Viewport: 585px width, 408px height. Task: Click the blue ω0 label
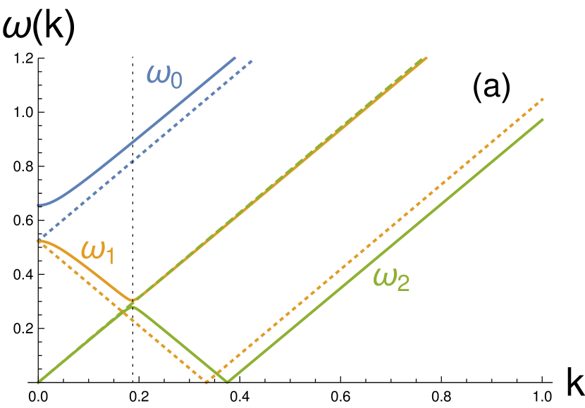(164, 75)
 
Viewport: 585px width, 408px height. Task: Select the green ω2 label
(391, 280)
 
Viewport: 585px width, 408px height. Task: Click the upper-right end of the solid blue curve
(235, 58)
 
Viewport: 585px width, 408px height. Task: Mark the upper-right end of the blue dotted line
(252, 61)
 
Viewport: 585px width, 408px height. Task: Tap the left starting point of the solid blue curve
(38, 205)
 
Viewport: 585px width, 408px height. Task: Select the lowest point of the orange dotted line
(207, 383)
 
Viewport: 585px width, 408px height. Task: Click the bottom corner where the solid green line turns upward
(227, 381)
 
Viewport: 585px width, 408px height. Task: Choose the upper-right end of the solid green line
(543, 119)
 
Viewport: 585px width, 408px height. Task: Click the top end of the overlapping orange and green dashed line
(426, 58)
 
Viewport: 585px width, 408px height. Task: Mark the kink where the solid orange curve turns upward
(133, 301)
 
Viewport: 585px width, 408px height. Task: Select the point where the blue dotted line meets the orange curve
(39, 240)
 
